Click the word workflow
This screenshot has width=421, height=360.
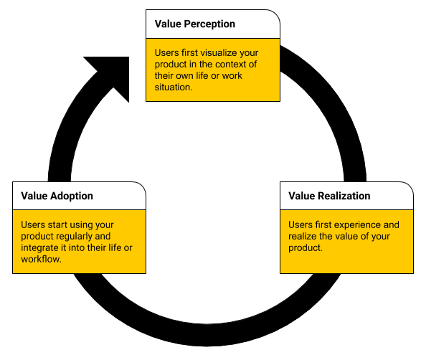[x=41, y=260]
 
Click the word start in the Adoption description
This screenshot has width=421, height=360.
[x=61, y=225]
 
